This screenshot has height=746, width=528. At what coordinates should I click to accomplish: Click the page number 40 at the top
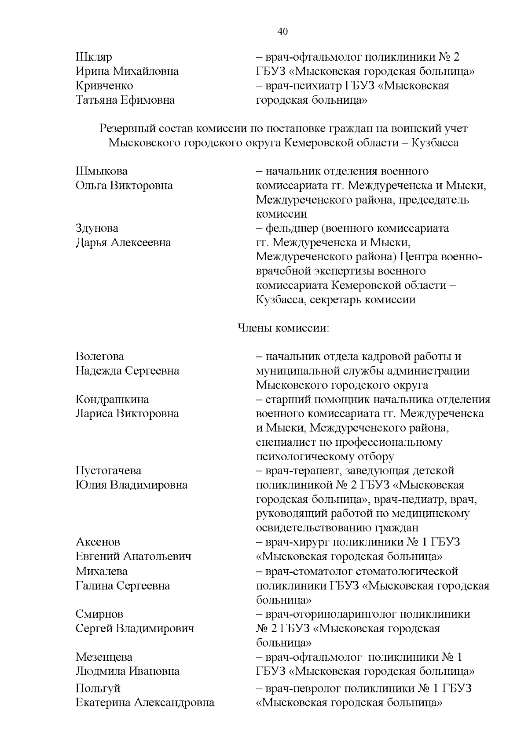(282, 31)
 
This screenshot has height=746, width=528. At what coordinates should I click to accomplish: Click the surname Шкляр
(94, 58)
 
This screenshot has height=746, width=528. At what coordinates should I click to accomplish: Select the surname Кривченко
(104, 86)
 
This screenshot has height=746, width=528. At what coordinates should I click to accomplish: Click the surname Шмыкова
(102, 171)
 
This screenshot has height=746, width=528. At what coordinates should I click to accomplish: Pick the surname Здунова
(97, 228)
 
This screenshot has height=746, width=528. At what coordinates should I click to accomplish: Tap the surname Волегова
(100, 357)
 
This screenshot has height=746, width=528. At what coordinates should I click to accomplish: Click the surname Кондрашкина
(112, 399)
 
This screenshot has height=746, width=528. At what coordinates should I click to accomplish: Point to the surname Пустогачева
(109, 471)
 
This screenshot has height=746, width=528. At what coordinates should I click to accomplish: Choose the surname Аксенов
(98, 542)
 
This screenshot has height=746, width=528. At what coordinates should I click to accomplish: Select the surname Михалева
(102, 571)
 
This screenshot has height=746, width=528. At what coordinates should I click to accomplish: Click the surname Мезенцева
(104, 657)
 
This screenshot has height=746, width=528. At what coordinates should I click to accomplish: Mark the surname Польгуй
(98, 688)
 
